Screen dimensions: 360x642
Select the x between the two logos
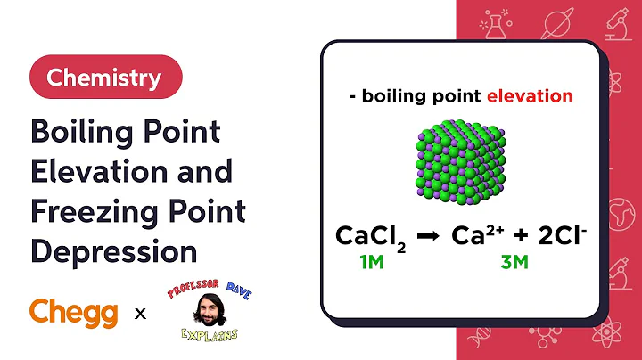(140, 313)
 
